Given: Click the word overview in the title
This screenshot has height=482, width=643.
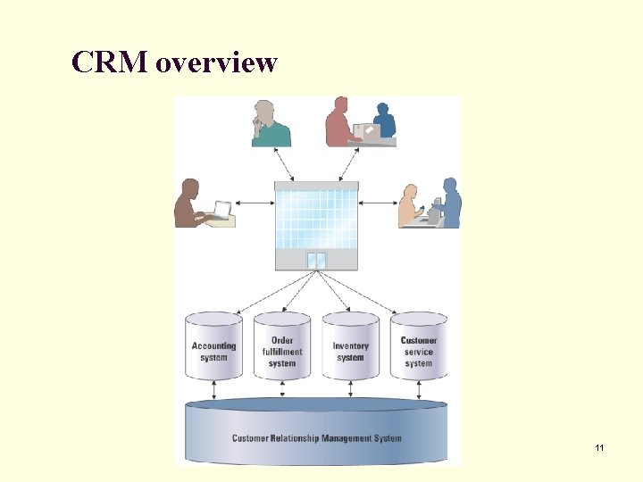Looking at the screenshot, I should click(x=216, y=63).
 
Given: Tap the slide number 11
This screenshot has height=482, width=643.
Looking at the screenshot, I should click(x=598, y=446).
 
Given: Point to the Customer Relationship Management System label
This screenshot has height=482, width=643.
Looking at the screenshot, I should click(x=317, y=438).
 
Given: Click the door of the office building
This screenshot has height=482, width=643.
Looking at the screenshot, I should click(x=316, y=261).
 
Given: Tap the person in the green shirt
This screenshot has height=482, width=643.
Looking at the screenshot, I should click(x=271, y=125).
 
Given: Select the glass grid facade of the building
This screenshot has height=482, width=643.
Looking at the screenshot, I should click(x=316, y=215).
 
